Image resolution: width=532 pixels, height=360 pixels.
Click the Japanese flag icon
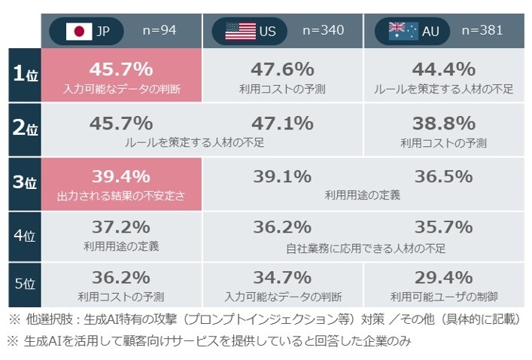pyautogui.click(x=79, y=31)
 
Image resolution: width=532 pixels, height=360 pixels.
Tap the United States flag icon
pyautogui.click(x=241, y=31)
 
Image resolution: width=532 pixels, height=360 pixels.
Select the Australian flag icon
pyautogui.click(x=403, y=31)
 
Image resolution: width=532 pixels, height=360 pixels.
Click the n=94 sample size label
pyautogui.click(x=160, y=30)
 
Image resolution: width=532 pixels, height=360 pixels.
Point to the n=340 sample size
pyautogui.click(x=323, y=30)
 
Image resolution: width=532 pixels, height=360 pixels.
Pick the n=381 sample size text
pyautogui.click(x=482, y=30)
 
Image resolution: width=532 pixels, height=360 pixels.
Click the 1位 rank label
pyautogui.click(x=25, y=75)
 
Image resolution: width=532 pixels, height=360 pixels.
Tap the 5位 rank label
pyautogui.click(x=25, y=284)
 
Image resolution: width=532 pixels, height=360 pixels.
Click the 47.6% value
pyautogui.click(x=282, y=69)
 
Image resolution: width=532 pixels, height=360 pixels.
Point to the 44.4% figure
pyautogui.click(x=444, y=69)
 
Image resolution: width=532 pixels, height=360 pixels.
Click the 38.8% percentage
pyautogui.click(x=444, y=124)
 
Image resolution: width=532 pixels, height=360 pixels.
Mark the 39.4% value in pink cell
pyautogui.click(x=121, y=177)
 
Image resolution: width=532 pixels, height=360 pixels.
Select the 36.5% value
pyautogui.click(x=444, y=177)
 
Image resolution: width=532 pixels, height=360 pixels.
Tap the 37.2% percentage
pyautogui.click(x=121, y=227)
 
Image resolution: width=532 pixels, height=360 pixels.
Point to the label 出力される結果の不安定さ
pyautogui.click(x=121, y=195)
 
